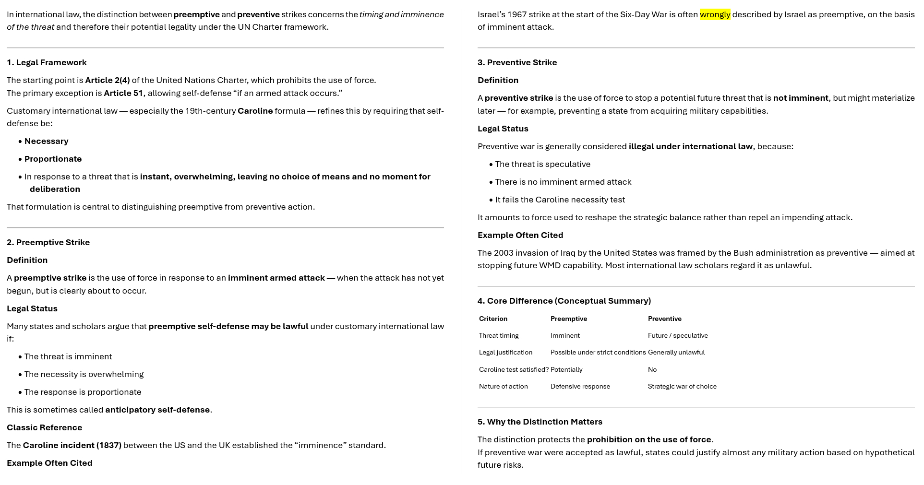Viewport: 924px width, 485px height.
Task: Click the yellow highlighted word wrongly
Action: (715, 14)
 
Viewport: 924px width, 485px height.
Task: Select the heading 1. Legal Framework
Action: (47, 62)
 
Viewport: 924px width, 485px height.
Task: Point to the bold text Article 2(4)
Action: (107, 80)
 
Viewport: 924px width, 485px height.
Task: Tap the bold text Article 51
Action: (123, 93)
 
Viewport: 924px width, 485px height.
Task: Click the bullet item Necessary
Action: (46, 141)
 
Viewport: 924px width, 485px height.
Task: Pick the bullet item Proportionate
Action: (53, 159)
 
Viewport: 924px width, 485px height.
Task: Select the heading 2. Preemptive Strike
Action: (48, 242)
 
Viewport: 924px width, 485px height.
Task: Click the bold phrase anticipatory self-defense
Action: (157, 410)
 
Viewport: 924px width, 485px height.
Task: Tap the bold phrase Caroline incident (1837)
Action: (72, 445)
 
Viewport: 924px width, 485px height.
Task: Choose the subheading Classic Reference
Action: (44, 427)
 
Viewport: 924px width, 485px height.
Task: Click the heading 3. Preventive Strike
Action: (517, 62)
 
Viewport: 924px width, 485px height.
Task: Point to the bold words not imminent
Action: (800, 98)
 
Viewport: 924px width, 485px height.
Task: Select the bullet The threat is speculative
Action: (542, 164)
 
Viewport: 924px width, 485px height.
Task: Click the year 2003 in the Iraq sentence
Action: (504, 253)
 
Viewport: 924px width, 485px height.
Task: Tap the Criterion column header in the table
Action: (493, 319)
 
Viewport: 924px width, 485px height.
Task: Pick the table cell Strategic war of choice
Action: (682, 386)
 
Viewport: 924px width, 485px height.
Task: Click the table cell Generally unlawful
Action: (676, 352)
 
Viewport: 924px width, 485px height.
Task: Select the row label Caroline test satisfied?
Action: (514, 369)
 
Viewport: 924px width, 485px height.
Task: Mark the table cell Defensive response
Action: (580, 386)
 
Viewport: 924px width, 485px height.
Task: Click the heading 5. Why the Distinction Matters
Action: (540, 422)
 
